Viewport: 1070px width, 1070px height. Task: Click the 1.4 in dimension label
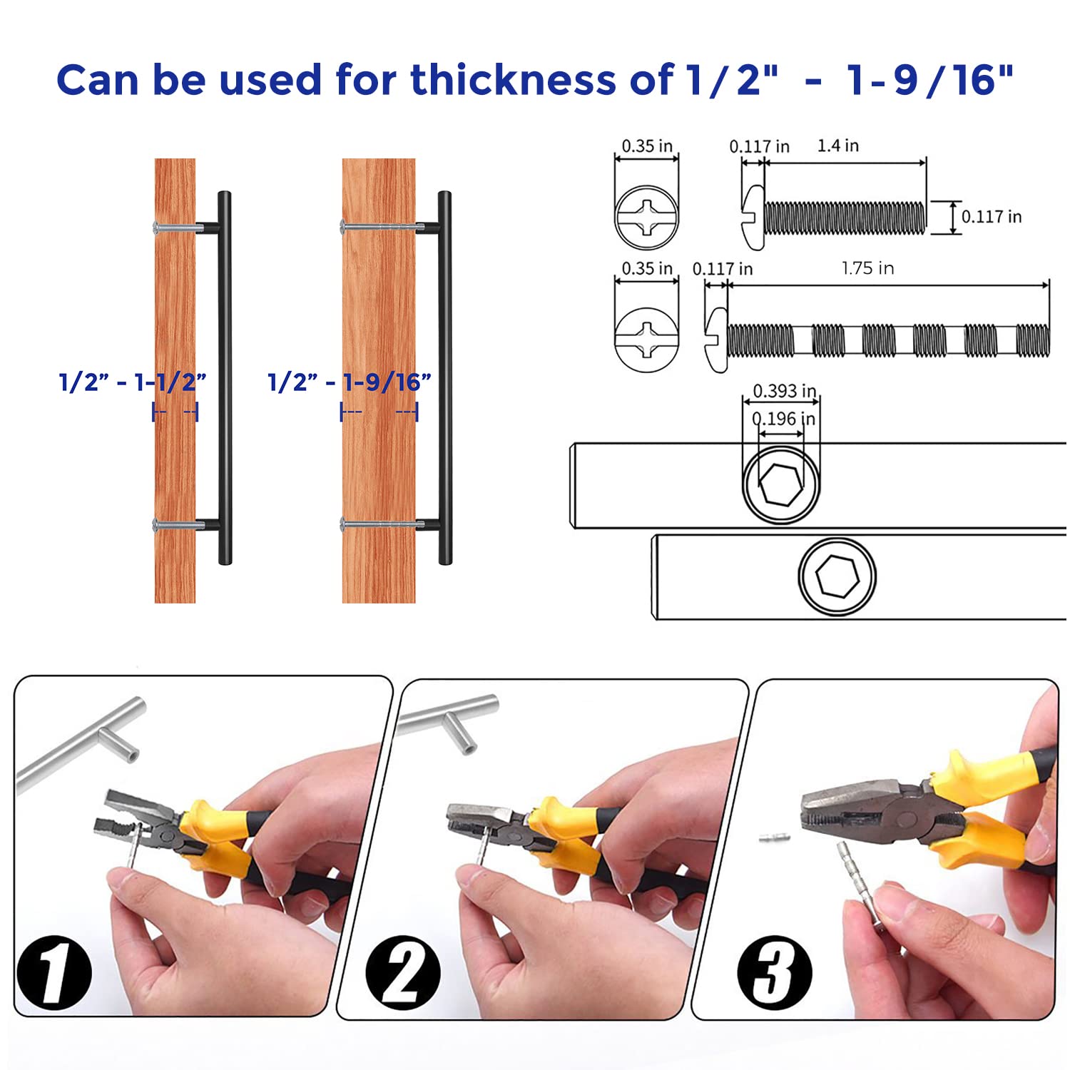(x=837, y=146)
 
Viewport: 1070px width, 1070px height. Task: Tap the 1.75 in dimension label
(x=867, y=268)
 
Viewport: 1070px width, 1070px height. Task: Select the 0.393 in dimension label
(x=784, y=391)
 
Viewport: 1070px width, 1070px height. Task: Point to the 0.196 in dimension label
(x=783, y=419)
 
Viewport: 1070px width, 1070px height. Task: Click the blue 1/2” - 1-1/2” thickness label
(x=133, y=382)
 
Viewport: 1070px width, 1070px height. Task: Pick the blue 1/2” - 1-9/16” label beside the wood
(x=349, y=382)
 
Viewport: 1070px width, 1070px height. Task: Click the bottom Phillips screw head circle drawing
(x=646, y=340)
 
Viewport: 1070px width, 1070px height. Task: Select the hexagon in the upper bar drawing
(x=780, y=484)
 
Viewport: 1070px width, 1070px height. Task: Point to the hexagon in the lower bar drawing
(x=836, y=576)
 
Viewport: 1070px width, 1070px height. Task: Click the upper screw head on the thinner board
(x=158, y=228)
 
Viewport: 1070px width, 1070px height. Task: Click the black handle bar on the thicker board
(x=445, y=378)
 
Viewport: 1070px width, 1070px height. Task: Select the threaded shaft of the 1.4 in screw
(x=845, y=218)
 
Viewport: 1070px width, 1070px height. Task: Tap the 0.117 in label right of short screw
(x=991, y=217)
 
